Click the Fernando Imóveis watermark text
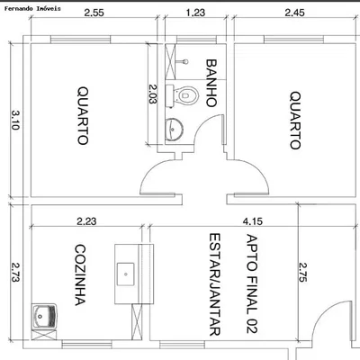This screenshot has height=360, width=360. click(32, 9)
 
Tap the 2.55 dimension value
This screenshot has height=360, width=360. click(94, 13)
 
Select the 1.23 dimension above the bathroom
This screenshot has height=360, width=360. click(195, 13)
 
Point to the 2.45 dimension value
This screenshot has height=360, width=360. click(294, 13)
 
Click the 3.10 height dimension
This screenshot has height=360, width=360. click(15, 120)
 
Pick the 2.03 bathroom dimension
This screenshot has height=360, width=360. click(153, 94)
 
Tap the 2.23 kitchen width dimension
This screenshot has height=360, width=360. click(86, 221)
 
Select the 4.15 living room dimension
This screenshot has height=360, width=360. click(253, 221)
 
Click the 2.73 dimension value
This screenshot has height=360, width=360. click(15, 272)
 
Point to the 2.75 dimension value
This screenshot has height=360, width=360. click(303, 272)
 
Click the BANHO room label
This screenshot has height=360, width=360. click(211, 83)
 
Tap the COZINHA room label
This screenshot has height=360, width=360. click(80, 275)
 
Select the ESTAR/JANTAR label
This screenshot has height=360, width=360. click(215, 284)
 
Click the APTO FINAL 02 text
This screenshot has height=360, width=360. click(252, 283)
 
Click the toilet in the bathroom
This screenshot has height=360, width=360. click(183, 96)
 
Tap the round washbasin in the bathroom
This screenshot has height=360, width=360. click(174, 129)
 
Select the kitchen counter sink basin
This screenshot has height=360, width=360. click(125, 274)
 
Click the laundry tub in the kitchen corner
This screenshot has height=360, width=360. click(44, 316)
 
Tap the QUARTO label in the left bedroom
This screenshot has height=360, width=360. click(83, 116)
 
